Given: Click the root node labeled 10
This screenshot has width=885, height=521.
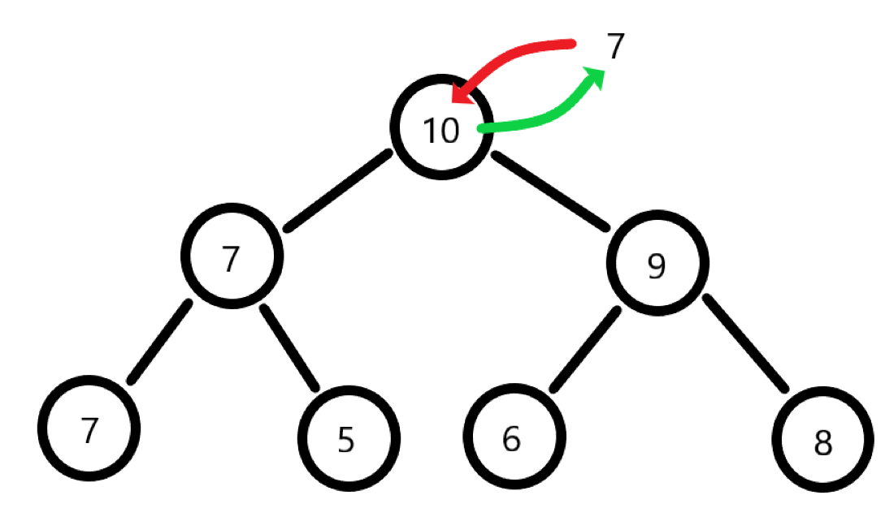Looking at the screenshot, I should tap(441, 128).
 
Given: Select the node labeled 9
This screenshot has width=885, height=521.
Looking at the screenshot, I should tap(657, 263).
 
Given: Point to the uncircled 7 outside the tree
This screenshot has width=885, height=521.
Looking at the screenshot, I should tap(615, 47).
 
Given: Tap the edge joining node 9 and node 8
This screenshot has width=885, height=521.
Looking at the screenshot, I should tap(744, 342).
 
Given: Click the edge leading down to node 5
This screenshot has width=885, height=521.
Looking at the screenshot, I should tap(288, 346).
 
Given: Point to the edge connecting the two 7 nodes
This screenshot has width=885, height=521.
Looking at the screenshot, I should tap(159, 342).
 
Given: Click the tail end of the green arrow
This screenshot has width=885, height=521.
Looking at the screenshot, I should tap(484, 128).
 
